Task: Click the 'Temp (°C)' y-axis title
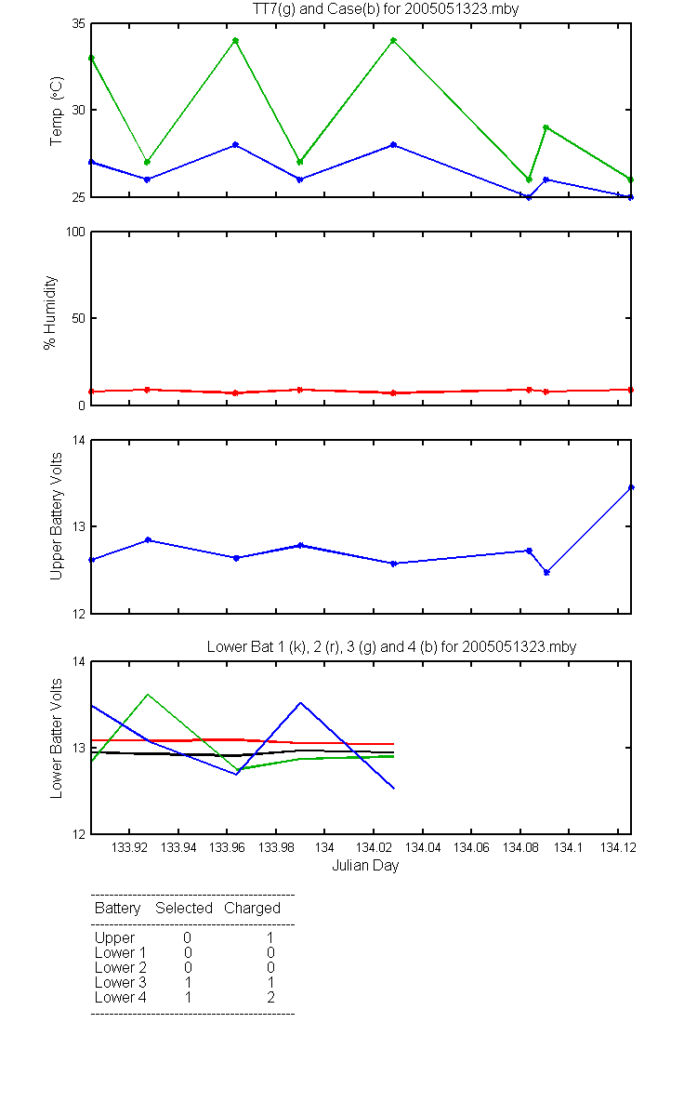pyautogui.click(x=57, y=111)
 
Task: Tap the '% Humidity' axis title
pyautogui.click(x=50, y=312)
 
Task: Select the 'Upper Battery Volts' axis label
pyautogui.click(x=57, y=516)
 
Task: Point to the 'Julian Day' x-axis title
pyautogui.click(x=365, y=866)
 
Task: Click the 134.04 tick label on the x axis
pyautogui.click(x=423, y=847)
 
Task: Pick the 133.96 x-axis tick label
pyautogui.click(x=227, y=847)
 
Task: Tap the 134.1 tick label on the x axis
pyautogui.click(x=568, y=847)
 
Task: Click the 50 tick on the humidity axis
pyautogui.click(x=79, y=318)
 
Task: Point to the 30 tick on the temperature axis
pyautogui.click(x=79, y=110)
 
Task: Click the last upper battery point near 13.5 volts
pyautogui.click(x=631, y=487)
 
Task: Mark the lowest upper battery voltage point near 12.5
pyautogui.click(x=546, y=573)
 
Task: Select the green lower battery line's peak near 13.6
pyautogui.click(x=148, y=694)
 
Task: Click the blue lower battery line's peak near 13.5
pyautogui.click(x=301, y=702)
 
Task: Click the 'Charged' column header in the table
pyautogui.click(x=252, y=909)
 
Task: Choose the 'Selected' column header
pyautogui.click(x=184, y=908)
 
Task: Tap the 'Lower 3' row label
pyautogui.click(x=121, y=982)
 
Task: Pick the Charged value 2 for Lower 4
pyautogui.click(x=270, y=997)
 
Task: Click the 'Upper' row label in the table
pyautogui.click(x=114, y=938)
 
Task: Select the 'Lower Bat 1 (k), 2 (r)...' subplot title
pyautogui.click(x=392, y=646)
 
